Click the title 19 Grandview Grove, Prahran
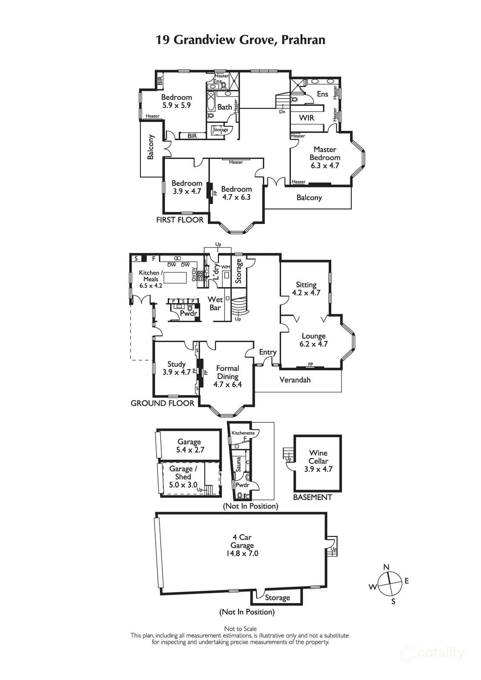[x=240, y=40]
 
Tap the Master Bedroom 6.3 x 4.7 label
[x=324, y=158]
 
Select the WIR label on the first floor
[x=306, y=118]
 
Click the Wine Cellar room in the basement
[x=318, y=461]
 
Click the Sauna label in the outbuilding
[x=239, y=464]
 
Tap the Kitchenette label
[x=243, y=433]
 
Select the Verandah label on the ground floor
[x=295, y=380]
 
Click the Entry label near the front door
[x=268, y=352]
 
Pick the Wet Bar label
[x=215, y=303]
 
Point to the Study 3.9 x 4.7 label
[x=176, y=368]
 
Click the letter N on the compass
[x=386, y=567]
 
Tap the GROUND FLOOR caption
[x=162, y=403]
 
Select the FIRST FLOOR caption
[x=180, y=220]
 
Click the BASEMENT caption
[x=312, y=497]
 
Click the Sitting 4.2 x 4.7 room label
[x=306, y=289]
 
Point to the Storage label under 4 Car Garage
[x=277, y=598]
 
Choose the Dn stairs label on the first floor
[x=282, y=112]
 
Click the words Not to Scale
[x=240, y=629]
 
